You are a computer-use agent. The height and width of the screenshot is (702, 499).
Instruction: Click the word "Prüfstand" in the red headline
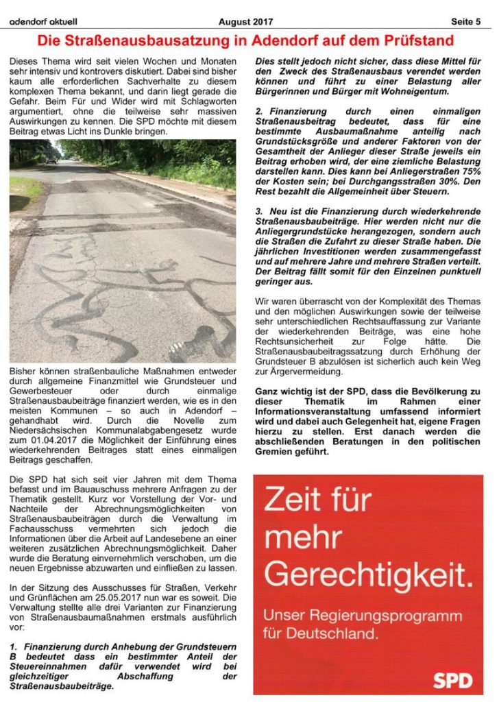(x=411, y=40)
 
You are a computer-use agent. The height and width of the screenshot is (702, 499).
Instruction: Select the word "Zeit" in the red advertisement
(x=292, y=502)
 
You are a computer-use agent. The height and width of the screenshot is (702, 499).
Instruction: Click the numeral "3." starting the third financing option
(x=258, y=213)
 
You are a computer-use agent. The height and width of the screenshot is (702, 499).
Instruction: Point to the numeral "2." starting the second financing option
(x=258, y=111)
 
